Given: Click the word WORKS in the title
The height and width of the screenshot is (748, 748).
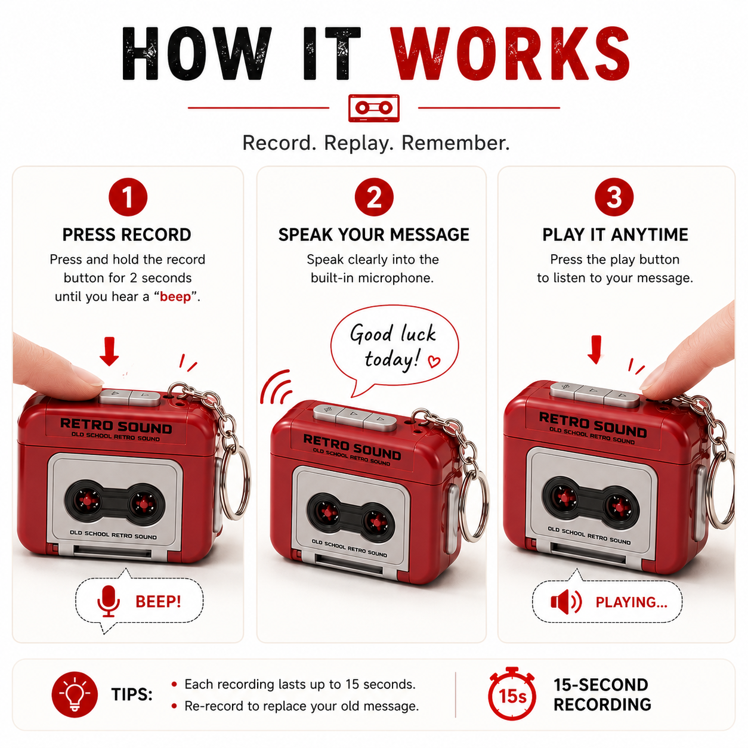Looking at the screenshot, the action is coord(509,53).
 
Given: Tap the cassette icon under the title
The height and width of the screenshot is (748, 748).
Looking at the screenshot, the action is coord(373,108).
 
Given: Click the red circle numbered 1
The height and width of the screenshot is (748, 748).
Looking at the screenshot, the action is coord(128,197).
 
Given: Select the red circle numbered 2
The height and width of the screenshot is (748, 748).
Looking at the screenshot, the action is coord(374,197).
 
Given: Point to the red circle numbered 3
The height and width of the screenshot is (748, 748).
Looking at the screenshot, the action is coord(614,197).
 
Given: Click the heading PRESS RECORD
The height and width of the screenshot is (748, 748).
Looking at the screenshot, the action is coord(127,235).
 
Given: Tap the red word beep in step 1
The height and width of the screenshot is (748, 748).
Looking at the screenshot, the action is coord(175,297).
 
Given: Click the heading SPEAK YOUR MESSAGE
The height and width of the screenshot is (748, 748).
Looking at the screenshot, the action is coord(374,235).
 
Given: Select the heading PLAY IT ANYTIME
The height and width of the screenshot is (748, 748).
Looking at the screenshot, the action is coord(615,235).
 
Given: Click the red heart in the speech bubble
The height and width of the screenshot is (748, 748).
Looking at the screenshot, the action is coord(434,361).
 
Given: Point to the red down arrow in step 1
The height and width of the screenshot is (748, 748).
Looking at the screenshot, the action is coord(110,351).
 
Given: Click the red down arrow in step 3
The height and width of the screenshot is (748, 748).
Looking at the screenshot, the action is coord(595,350).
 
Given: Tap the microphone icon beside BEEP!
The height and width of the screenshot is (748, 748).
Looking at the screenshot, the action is coord(109,601).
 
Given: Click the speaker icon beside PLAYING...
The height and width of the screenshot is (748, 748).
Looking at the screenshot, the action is coord(566,602).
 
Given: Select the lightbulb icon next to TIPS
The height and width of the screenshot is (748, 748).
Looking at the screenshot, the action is coord(75,694).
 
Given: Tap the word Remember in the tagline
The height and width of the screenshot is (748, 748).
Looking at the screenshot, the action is coord(455,143).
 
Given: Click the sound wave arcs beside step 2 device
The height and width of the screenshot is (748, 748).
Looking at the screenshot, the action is coord(276,387).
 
